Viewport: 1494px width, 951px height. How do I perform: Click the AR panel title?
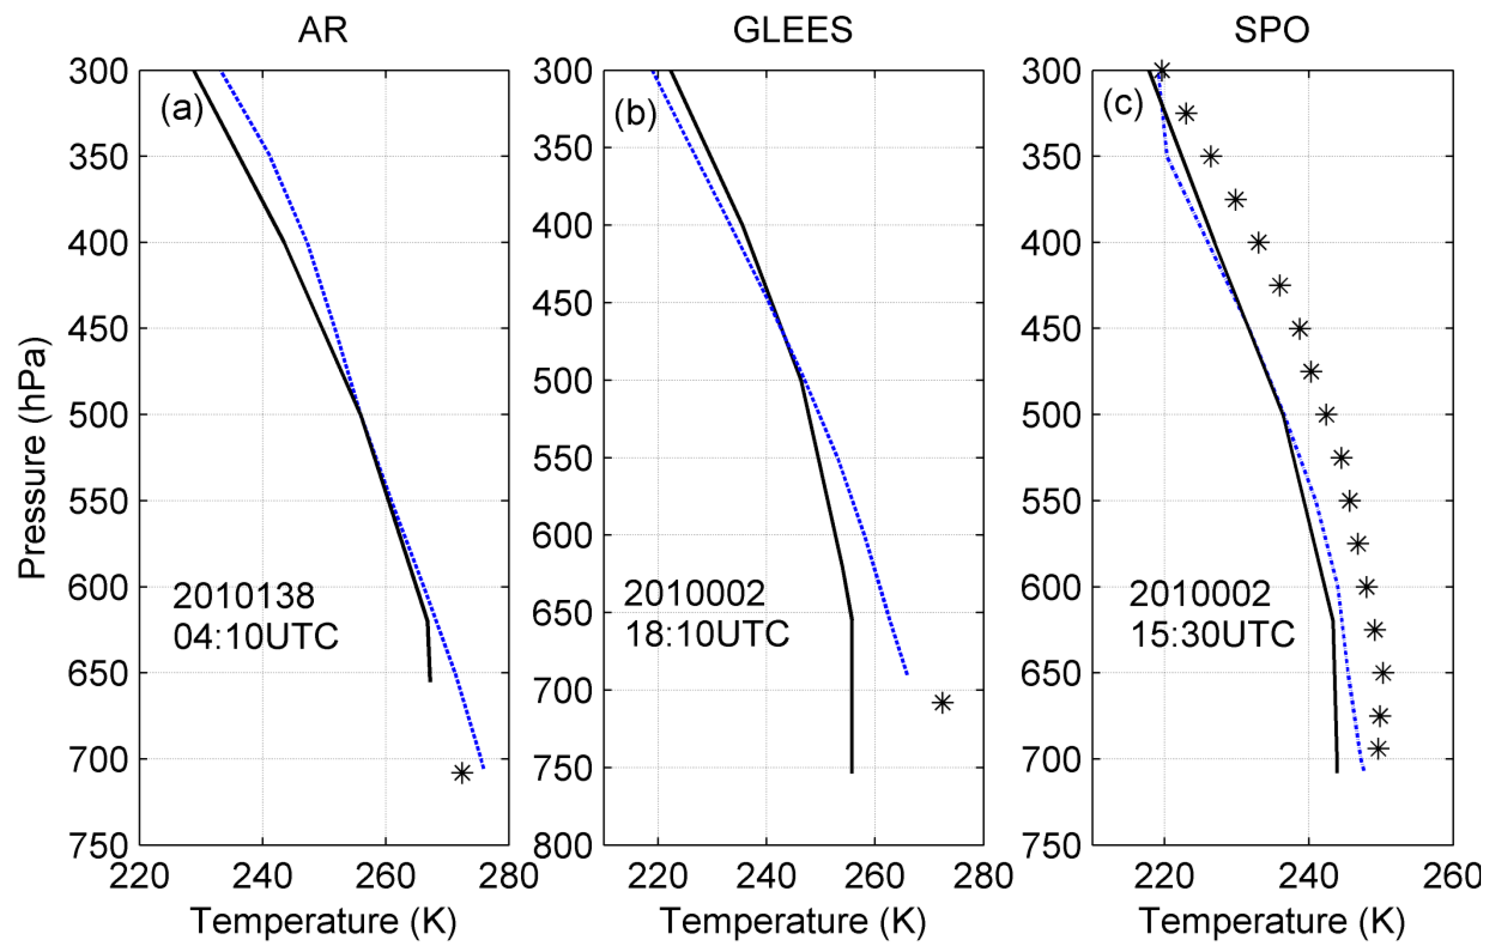point(323,30)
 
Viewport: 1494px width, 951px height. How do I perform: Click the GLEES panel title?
point(793,30)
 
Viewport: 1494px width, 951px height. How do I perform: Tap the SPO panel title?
point(1271,30)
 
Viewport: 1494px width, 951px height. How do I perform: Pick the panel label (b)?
point(635,114)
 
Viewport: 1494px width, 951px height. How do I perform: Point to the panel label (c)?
point(1123,104)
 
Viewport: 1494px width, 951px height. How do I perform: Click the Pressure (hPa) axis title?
point(32,458)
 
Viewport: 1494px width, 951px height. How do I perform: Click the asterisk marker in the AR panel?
point(461,773)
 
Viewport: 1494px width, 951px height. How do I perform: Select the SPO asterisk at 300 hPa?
point(1161,71)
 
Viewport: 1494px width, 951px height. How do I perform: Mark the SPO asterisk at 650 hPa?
point(1383,673)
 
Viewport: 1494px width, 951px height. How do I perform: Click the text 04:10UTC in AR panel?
point(256,637)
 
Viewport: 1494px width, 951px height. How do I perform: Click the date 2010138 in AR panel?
point(243,596)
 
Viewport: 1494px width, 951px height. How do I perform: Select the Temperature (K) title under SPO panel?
point(1271,921)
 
